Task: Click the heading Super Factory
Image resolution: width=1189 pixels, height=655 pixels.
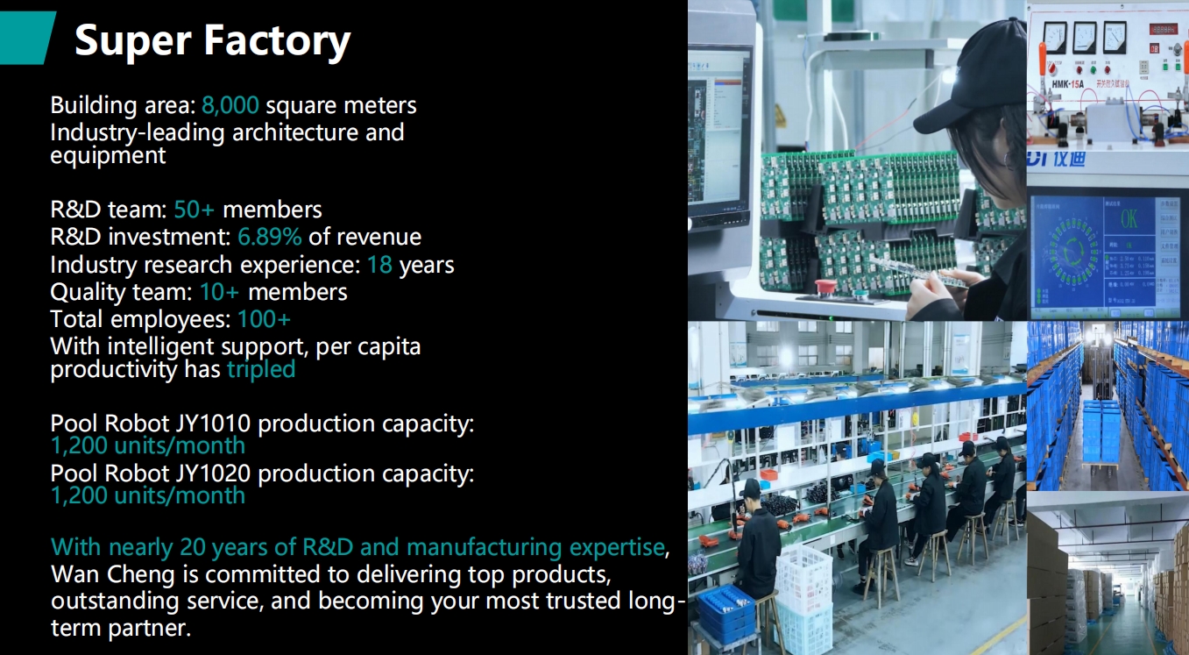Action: (x=212, y=40)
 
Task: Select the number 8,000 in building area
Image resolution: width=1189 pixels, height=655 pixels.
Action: (x=230, y=105)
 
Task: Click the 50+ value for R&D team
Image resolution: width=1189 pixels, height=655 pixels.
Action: (x=194, y=210)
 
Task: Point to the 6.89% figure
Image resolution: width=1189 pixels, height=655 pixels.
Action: (x=269, y=237)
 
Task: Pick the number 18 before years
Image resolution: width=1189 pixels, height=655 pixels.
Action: (x=379, y=265)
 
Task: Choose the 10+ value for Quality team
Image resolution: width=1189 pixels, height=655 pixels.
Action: (x=219, y=292)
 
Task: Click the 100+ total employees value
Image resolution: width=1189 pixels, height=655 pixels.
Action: (x=264, y=319)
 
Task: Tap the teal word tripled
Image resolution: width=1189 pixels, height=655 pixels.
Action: (x=261, y=369)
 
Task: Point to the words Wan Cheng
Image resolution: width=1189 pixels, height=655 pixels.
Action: (x=112, y=575)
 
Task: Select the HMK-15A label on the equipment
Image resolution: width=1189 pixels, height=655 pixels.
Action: (x=1067, y=84)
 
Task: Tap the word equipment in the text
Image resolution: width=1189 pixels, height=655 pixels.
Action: (x=108, y=156)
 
